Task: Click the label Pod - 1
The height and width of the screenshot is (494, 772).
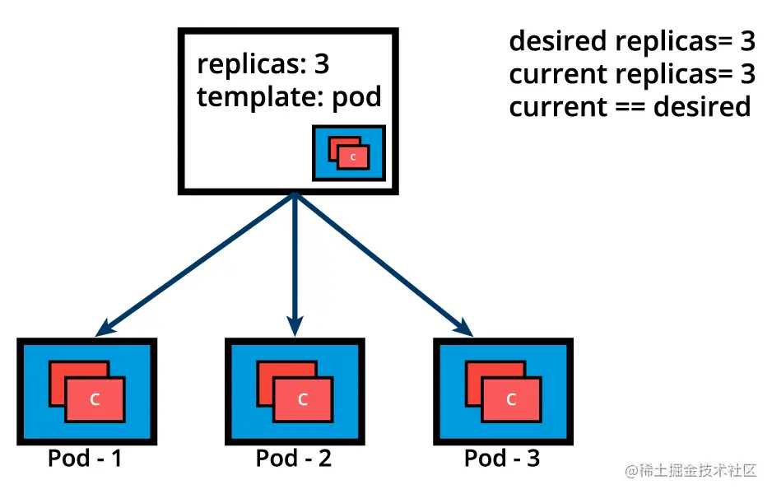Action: click(x=85, y=458)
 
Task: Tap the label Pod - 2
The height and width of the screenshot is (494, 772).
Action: click(x=293, y=458)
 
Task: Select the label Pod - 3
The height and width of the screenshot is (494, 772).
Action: click(x=502, y=458)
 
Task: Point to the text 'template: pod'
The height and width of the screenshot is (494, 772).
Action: click(x=289, y=97)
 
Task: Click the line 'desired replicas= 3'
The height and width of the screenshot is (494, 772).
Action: click(x=631, y=40)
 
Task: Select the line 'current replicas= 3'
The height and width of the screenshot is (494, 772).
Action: click(x=631, y=74)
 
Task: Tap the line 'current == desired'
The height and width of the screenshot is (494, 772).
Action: click(x=630, y=107)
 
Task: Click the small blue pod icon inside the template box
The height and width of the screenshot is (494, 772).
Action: click(x=349, y=153)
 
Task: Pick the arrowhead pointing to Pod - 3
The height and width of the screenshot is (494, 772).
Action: click(x=467, y=329)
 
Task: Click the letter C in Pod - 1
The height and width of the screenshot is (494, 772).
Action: click(x=95, y=400)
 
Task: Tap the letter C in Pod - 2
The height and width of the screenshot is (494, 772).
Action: click(x=303, y=400)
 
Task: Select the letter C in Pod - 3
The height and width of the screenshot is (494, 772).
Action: click(x=511, y=400)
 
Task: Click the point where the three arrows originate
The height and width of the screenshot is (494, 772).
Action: click(x=293, y=196)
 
